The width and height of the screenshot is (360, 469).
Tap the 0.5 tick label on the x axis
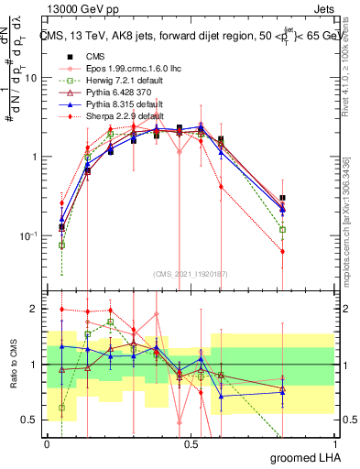point(191,443)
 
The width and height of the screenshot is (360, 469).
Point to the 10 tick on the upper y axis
point(30,78)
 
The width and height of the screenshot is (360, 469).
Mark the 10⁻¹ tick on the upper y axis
point(27,235)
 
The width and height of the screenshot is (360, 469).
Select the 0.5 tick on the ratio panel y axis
point(29,420)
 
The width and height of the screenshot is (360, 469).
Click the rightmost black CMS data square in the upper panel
point(282,198)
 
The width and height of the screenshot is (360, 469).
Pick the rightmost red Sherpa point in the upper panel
point(282,251)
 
